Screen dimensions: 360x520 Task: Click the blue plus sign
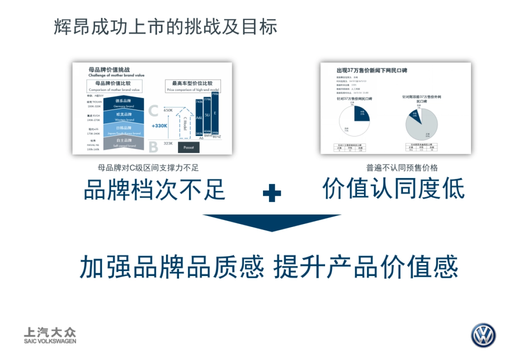[x=272, y=193]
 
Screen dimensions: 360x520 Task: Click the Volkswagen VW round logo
[x=483, y=335]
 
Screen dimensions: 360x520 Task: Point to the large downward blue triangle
[x=272, y=221]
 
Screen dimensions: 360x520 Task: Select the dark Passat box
[x=188, y=147]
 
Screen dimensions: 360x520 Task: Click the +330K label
[x=159, y=126]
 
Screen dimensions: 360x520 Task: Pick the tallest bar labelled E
[x=215, y=113]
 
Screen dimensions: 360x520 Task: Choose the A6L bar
[x=199, y=117]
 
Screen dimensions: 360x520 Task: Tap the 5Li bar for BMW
[x=207, y=116]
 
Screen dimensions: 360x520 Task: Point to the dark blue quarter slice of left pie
[x=361, y=114]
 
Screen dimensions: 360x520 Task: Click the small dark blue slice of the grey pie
[x=415, y=115]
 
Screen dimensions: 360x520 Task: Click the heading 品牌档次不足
[x=154, y=189]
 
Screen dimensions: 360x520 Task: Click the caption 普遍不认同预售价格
[x=402, y=168]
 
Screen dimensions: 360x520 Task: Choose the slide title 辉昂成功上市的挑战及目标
[x=166, y=27]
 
